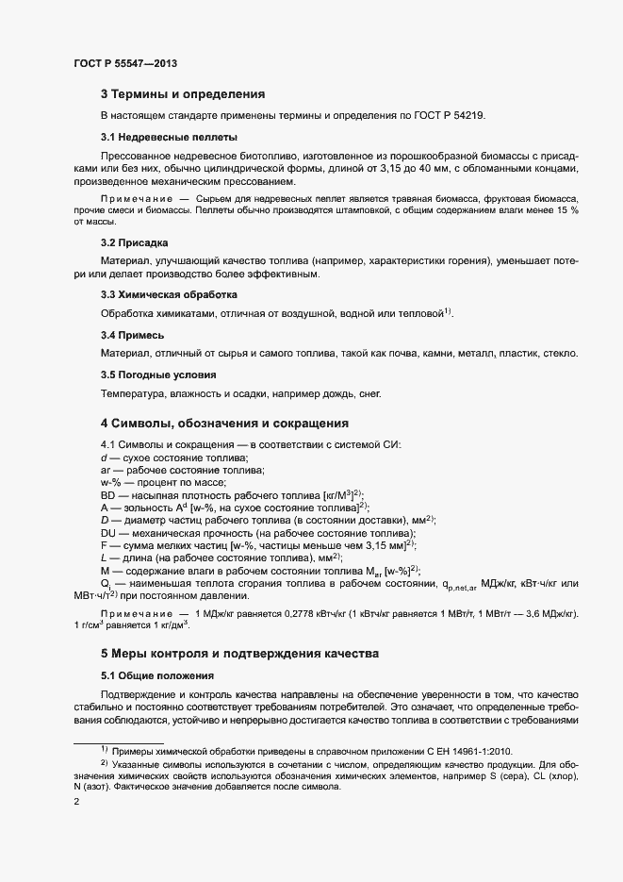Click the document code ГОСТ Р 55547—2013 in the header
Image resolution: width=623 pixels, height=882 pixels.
click(x=125, y=64)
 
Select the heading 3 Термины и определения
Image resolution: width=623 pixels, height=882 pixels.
click(x=183, y=94)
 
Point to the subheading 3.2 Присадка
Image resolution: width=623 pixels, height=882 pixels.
click(x=134, y=242)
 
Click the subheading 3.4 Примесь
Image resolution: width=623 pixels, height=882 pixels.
click(x=133, y=335)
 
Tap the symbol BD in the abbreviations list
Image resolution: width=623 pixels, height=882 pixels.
click(x=109, y=494)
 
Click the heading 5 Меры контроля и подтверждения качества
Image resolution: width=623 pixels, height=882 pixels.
click(x=240, y=654)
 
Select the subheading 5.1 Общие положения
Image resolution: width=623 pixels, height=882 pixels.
click(x=157, y=675)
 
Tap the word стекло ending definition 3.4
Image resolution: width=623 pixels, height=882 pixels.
click(x=558, y=354)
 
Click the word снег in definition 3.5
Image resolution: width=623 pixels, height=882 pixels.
click(x=370, y=393)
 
